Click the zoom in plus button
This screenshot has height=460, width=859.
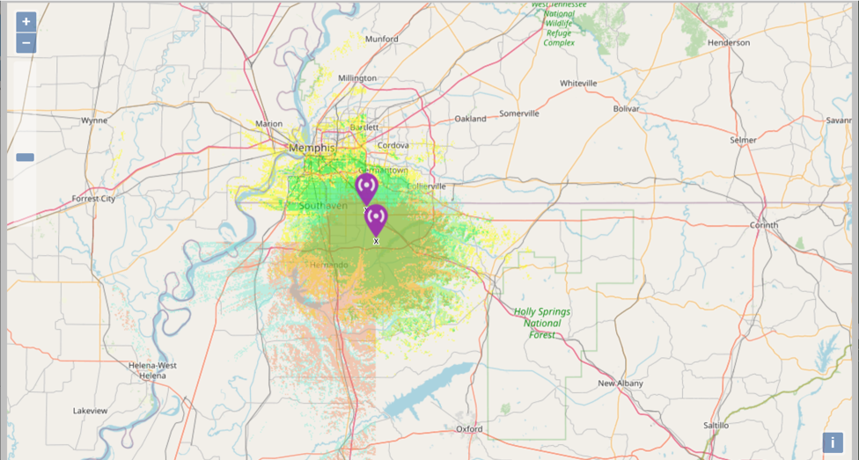coord(26,21)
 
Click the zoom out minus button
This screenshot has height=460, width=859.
coord(26,43)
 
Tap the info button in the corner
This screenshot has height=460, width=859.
coord(832,442)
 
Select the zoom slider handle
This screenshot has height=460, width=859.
coord(25,157)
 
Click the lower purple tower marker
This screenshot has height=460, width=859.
coord(376,220)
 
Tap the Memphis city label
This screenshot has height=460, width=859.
coord(312,148)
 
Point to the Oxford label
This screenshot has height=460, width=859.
coord(469,428)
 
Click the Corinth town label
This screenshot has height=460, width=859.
coord(764,225)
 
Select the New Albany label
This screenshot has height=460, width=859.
coord(620,383)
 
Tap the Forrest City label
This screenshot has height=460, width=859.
coord(93,199)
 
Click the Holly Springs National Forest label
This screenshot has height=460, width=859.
coord(542,323)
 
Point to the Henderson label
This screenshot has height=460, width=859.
coord(728,42)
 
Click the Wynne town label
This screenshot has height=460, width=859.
coord(94,120)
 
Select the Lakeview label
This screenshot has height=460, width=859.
coord(90,411)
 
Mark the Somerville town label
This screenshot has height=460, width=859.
coord(519,113)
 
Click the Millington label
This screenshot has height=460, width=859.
coord(357,78)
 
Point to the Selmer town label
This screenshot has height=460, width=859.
coord(743,140)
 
